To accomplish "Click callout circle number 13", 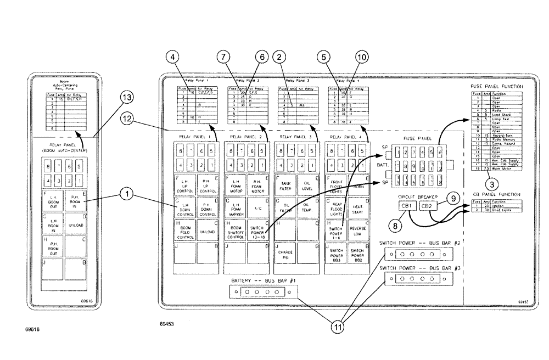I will pos(126,97).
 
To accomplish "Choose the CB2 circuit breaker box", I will pos(429,206).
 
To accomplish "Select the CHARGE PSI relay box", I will pos(285,254).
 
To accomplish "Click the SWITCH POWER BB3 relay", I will pos(335,254).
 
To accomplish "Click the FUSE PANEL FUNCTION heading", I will pos(496,86).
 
